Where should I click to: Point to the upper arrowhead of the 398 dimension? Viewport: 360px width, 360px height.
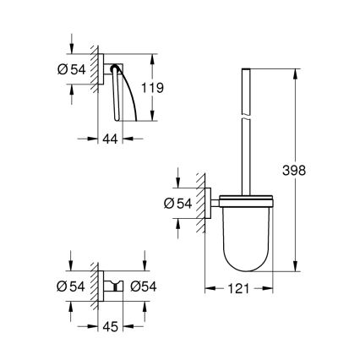click(x=294, y=71)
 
